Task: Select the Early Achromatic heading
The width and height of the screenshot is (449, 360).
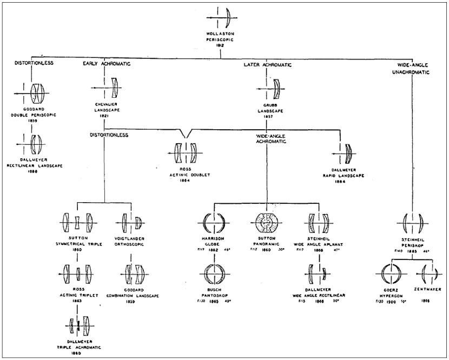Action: click(x=107, y=64)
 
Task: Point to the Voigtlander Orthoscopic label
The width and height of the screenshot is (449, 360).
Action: click(x=131, y=242)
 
